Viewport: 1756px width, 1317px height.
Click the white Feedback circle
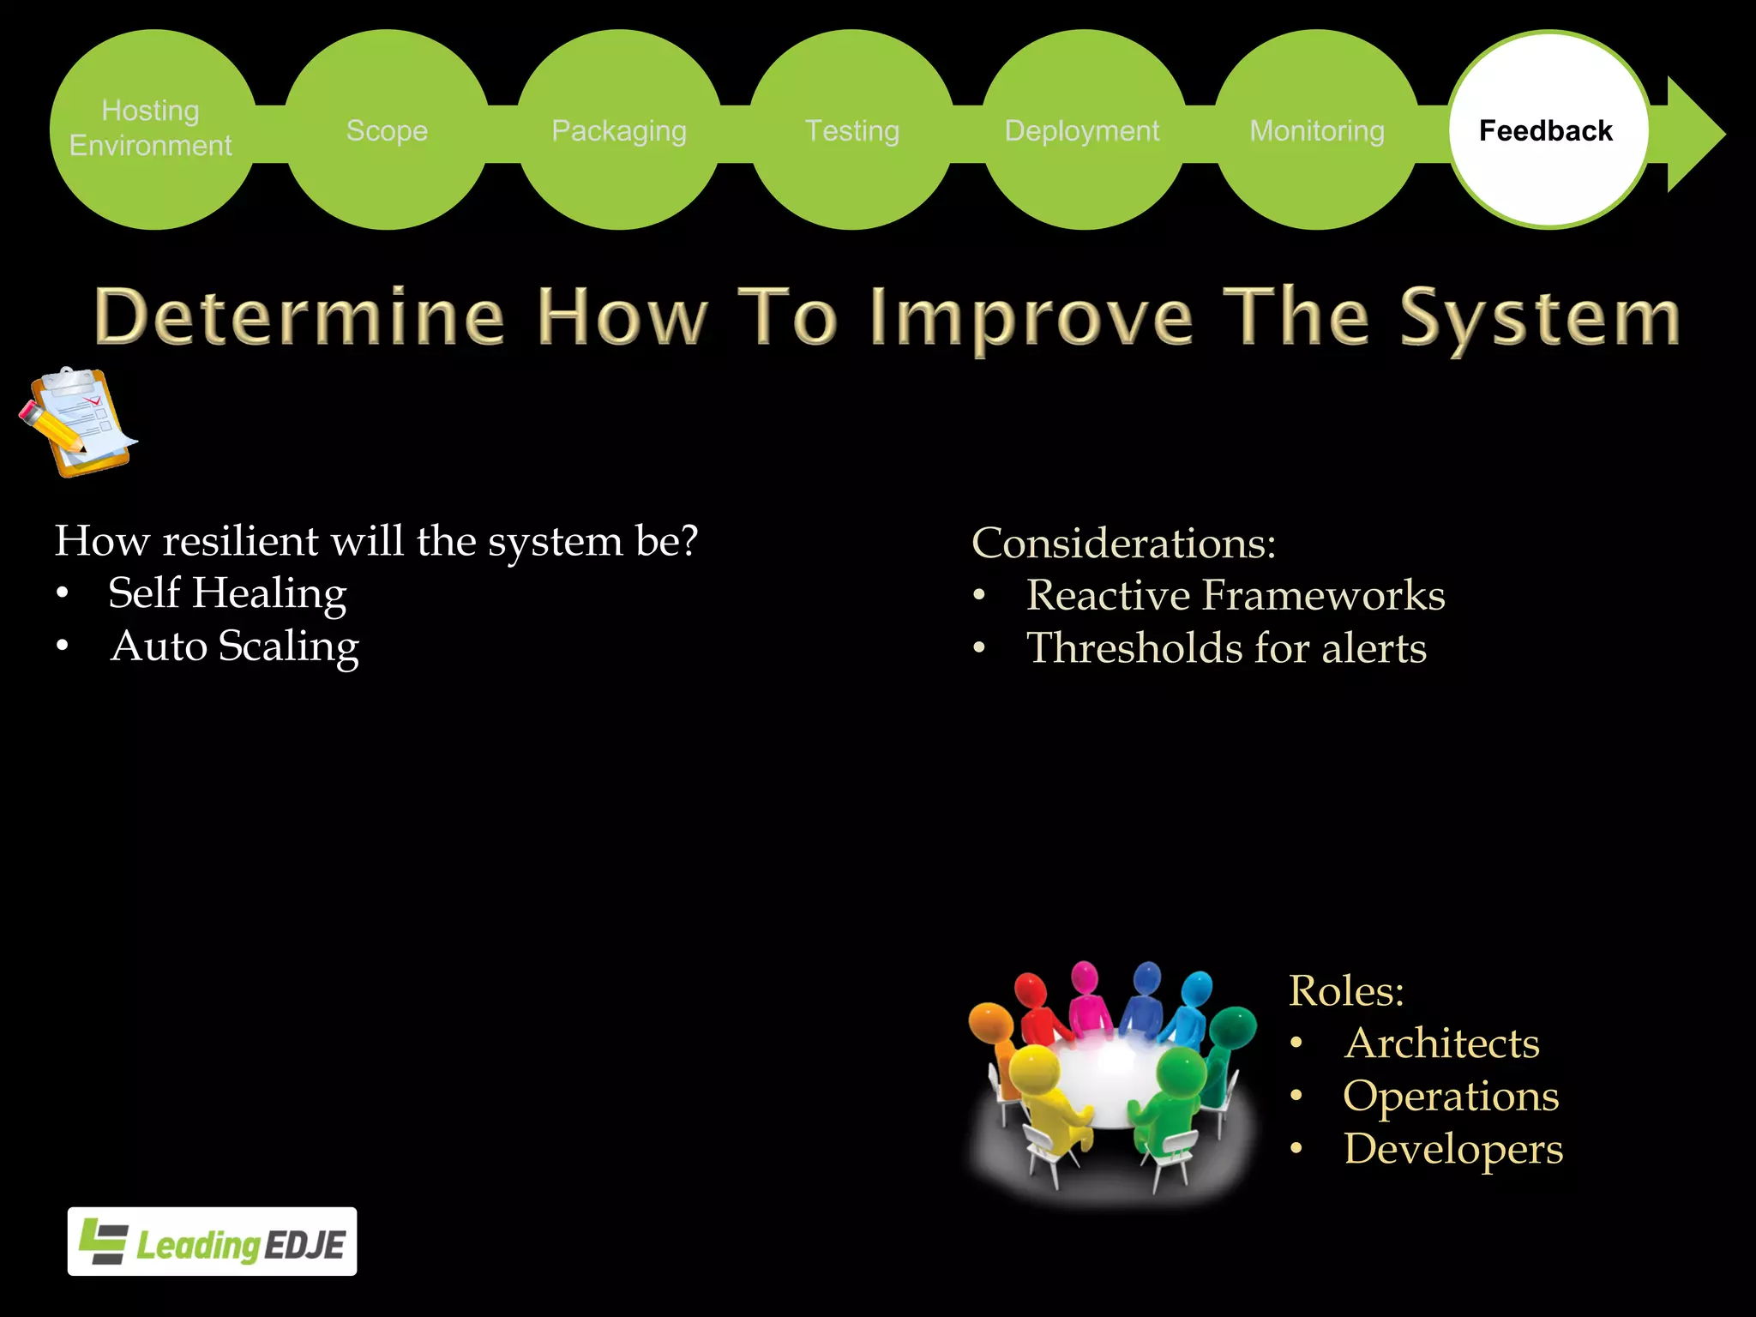1548,130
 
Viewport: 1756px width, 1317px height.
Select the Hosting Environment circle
152,129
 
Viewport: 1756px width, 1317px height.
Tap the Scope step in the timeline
387,130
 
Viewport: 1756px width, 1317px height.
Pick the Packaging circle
619,130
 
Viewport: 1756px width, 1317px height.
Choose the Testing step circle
852,130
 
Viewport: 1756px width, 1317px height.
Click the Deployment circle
1083,130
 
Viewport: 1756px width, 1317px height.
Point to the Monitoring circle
1317,130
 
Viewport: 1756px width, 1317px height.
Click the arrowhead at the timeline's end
1693,134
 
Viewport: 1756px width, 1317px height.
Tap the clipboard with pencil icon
77,422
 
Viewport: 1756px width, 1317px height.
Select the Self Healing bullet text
227,593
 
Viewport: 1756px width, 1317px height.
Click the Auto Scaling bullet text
234,646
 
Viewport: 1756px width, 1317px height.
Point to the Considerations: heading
1123,544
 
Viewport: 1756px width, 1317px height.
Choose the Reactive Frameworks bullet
1235,596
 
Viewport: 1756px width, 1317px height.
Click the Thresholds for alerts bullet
1226,648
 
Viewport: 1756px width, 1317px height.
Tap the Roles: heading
1346,991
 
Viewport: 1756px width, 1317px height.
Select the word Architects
1441,1043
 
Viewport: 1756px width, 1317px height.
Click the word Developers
1453,1149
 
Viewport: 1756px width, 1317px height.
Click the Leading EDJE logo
212,1242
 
